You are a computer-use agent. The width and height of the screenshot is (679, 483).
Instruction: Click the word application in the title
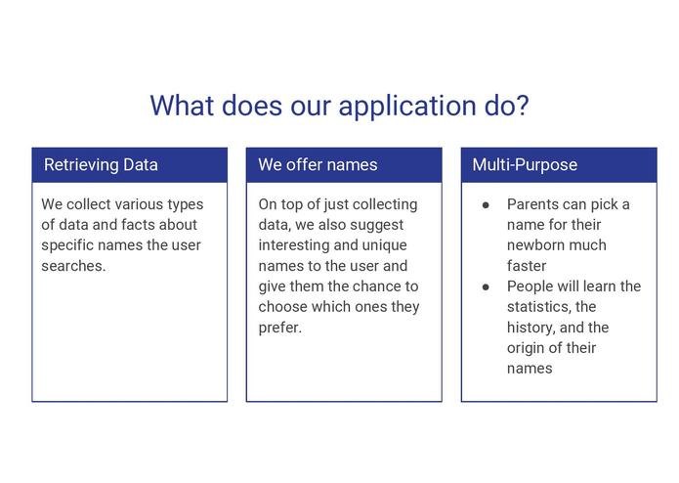tap(407, 107)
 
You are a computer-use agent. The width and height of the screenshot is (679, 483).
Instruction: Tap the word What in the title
tap(182, 106)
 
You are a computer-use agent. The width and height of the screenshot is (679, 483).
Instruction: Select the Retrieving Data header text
tap(101, 165)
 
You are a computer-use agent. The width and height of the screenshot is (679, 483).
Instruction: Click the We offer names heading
tap(318, 165)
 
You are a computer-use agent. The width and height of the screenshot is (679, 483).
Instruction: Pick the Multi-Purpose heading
tap(525, 165)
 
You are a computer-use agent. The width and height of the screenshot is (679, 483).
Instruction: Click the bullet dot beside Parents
tap(486, 205)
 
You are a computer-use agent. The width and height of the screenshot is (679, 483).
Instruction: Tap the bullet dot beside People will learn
tap(486, 286)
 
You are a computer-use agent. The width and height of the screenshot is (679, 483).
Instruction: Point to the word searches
tap(73, 266)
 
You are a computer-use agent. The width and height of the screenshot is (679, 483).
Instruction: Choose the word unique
tap(385, 245)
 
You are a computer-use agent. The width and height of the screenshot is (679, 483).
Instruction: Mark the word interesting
tap(294, 245)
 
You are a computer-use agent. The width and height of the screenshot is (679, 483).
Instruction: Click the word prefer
tap(280, 328)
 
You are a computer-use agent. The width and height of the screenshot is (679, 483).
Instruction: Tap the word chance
tap(375, 286)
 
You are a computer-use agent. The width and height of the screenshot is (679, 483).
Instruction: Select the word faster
tap(527, 266)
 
